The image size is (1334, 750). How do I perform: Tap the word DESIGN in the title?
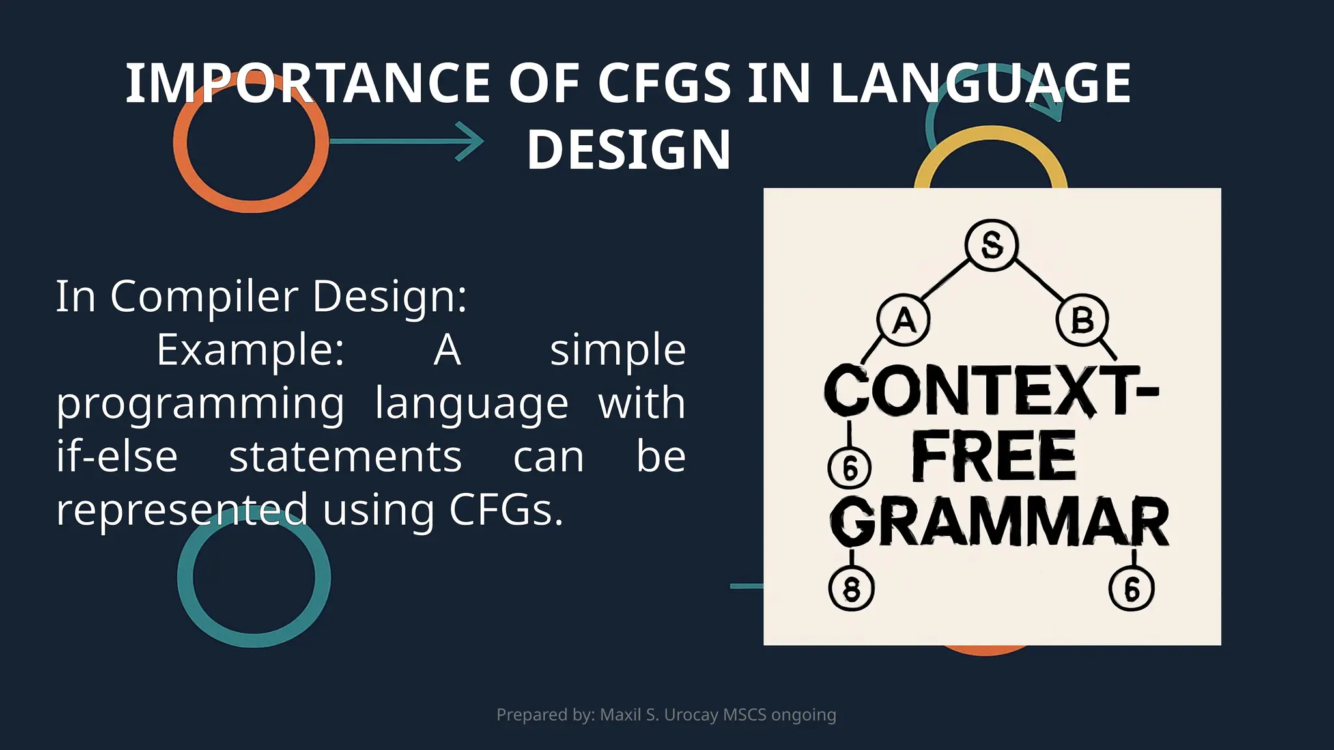pyautogui.click(x=629, y=150)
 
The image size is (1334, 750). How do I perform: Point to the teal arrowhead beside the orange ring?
pyautogui.click(x=470, y=141)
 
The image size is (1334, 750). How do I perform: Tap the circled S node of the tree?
pyautogui.click(x=991, y=245)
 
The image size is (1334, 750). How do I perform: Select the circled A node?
pyautogui.click(x=903, y=320)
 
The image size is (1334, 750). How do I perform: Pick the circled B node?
pyautogui.click(x=1082, y=320)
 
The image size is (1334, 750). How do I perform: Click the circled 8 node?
pyautogui.click(x=851, y=589)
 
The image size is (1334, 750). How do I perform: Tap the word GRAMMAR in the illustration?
pyautogui.click(x=999, y=523)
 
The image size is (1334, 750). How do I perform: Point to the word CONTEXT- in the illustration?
pyautogui.click(x=991, y=390)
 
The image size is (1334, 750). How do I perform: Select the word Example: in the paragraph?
pyautogui.click(x=250, y=350)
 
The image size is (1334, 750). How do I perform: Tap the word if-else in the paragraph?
pyautogui.click(x=117, y=456)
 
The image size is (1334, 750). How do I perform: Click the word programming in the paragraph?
pyautogui.click(x=200, y=404)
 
